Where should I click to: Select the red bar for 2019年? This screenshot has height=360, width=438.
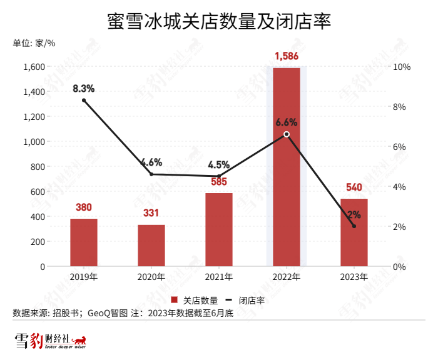[84, 242]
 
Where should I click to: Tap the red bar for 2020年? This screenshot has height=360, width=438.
[151, 246]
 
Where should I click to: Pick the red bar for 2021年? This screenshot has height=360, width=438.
[219, 229]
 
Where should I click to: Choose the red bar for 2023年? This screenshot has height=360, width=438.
[354, 232]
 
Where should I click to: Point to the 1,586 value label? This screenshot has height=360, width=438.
[287, 57]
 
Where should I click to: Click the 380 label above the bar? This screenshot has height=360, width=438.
[84, 208]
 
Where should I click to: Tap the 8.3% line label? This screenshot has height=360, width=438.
[84, 88]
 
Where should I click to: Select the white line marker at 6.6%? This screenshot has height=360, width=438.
[287, 134]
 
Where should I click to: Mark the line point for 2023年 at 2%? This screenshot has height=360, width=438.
[354, 226]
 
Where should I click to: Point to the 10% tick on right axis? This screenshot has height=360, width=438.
[400, 67]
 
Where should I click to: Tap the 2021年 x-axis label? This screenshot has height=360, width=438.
[219, 277]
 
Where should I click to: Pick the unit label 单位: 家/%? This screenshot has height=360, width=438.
[34, 43]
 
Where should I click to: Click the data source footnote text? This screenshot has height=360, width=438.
[123, 313]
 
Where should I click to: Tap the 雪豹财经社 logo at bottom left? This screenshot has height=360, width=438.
[50, 341]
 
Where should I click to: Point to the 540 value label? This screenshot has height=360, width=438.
[354, 187]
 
